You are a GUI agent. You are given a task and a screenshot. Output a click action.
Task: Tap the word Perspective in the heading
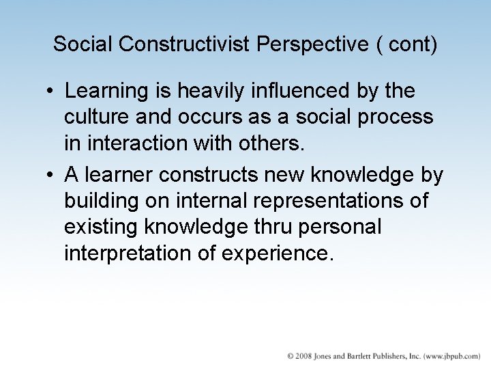pyautogui.click(x=313, y=44)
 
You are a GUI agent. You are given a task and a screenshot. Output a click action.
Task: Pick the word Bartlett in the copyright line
pyautogui.click(x=372, y=356)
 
